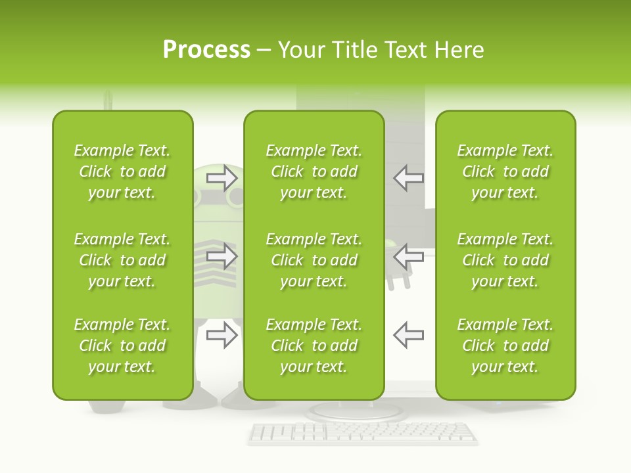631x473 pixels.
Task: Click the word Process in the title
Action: tap(206, 50)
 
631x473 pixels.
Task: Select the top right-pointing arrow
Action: tap(222, 177)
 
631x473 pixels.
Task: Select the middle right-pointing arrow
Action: tap(222, 256)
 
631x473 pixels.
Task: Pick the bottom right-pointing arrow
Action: tap(222, 335)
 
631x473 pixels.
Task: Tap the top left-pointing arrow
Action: tap(408, 177)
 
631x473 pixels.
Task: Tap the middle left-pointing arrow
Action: tap(408, 256)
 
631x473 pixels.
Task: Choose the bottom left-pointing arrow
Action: tap(408, 335)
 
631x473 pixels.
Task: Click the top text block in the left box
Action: tap(122, 171)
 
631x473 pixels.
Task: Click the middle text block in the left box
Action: tap(122, 260)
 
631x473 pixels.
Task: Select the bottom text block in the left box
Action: tap(122, 346)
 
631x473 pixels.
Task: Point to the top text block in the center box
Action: tap(314, 171)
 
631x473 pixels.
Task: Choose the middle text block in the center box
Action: tap(314, 260)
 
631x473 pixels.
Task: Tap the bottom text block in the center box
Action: tap(314, 346)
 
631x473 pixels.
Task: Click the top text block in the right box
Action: tap(505, 171)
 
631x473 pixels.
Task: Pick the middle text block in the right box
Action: tap(505, 260)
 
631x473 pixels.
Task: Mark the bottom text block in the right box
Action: tap(505, 346)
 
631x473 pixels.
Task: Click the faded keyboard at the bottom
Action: tap(363, 433)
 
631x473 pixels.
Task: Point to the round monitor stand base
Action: tap(355, 411)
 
